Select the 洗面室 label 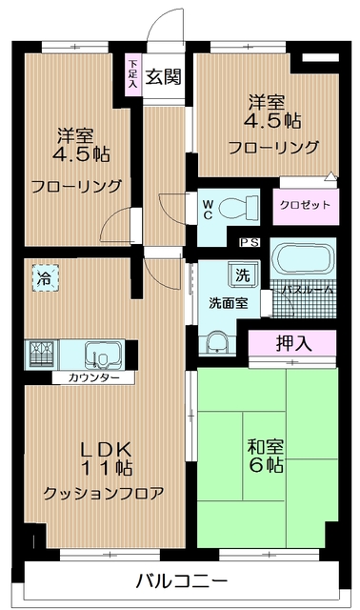(x=229, y=302)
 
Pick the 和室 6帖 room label (x=264, y=454)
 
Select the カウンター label (x=93, y=377)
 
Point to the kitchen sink (x=100, y=356)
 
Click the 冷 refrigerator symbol (x=45, y=278)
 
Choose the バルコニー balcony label (x=180, y=580)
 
